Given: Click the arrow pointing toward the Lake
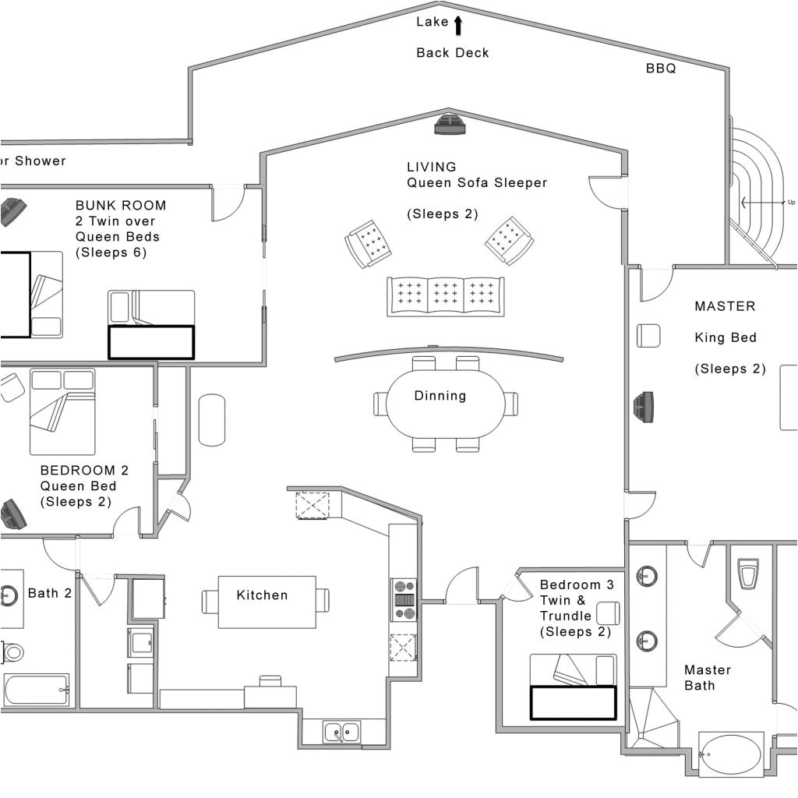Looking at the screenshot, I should pos(458,26).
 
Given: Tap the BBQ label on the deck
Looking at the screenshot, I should pos(660,69).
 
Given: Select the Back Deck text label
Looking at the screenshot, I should pos(452,53).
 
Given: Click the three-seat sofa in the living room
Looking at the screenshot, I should pos(445,296).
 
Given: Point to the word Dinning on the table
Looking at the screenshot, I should pos(440,396).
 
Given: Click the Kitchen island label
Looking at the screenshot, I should pos(262,595).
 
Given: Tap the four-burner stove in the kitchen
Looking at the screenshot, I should pos(404,599).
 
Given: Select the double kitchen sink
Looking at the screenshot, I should pos(342,732).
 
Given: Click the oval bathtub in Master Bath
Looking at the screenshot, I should pos(731,754).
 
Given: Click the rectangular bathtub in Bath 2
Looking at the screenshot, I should pos(36,690).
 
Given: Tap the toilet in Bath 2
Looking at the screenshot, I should pos(12,651).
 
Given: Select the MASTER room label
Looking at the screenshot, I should pos(725,306).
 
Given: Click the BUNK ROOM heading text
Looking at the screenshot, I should pos(121,206).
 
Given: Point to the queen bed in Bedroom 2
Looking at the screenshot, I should pos(62,411).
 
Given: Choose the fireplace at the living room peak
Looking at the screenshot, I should pos(450,125).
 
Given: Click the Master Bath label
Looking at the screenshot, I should pos(707,677).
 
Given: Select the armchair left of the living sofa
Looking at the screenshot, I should pos(367,243).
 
